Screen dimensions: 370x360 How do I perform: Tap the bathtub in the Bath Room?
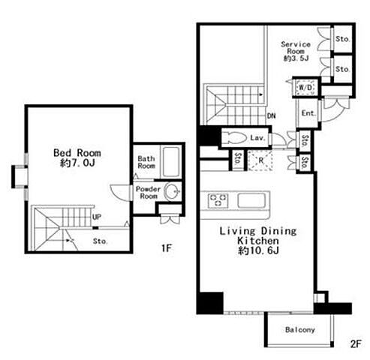171,161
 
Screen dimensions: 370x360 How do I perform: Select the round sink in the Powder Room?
172,191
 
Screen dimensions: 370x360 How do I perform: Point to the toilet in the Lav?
235,137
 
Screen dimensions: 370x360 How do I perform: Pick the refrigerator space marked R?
260,160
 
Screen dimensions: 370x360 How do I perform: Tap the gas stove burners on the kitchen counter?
218,201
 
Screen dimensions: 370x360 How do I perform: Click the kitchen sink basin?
251,200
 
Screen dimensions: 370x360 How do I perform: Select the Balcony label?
300,330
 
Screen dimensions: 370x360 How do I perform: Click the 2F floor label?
356,344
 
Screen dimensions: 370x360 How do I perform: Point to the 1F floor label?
167,248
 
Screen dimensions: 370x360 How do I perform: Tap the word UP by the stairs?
97,217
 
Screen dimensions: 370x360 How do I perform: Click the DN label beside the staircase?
271,115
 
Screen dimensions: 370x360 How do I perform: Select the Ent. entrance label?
308,113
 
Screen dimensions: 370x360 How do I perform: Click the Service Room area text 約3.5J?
296,58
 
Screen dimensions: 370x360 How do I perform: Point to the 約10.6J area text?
258,250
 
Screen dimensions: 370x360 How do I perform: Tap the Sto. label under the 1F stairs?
101,241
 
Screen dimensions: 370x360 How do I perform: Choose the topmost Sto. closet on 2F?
343,39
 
